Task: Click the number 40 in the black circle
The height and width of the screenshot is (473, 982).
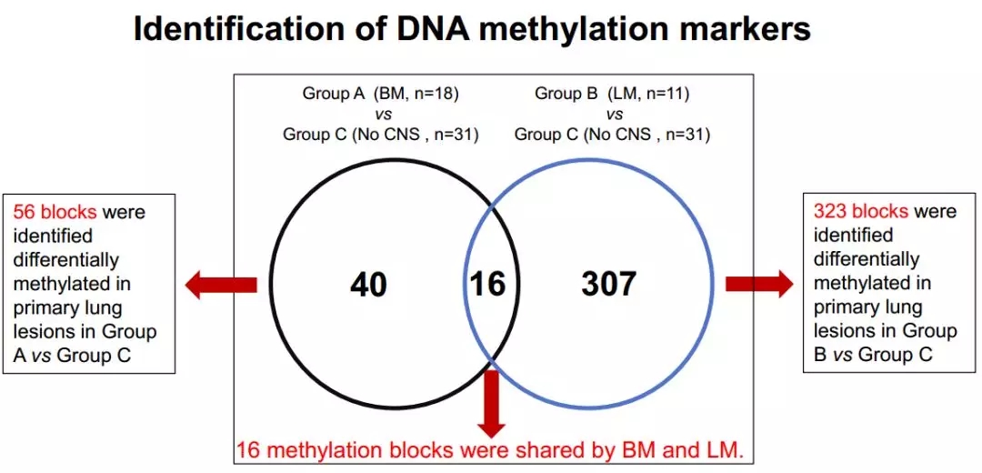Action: coord(368,285)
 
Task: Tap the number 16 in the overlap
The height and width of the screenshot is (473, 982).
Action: coord(487,284)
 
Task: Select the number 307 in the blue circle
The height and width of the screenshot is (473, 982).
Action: coord(608,284)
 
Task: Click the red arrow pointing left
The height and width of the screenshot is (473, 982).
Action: coord(220,285)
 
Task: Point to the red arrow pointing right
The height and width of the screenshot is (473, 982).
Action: coord(758,284)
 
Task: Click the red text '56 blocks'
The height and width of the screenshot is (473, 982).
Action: coord(55,212)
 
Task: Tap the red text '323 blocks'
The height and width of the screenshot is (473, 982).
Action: coord(860,211)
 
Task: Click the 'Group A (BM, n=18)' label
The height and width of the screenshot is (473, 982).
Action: coord(380,94)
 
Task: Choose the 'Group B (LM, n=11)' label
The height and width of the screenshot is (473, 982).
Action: coord(613,94)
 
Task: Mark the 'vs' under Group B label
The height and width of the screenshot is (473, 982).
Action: coord(614,114)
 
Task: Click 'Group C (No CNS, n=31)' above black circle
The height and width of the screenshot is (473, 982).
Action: coord(380,135)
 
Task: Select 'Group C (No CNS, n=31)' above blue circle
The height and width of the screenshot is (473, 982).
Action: coord(613,135)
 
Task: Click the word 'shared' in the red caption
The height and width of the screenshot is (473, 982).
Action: coord(580,449)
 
